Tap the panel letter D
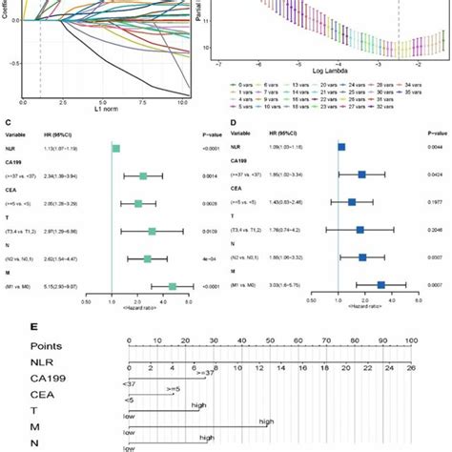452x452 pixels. pyautogui.click(x=231, y=122)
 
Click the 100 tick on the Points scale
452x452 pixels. pyautogui.click(x=411, y=340)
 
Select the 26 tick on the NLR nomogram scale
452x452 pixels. pyautogui.click(x=411, y=366)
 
